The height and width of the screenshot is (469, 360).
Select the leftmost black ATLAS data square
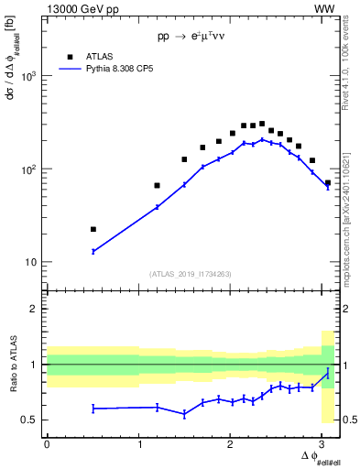[x=93, y=229]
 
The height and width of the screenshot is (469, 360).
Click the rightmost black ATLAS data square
[x=328, y=183]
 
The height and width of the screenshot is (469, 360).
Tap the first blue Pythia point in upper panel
[x=93, y=251]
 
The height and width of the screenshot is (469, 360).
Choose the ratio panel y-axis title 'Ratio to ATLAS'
[x=14, y=364]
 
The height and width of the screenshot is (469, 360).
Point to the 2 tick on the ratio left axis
[x=37, y=309]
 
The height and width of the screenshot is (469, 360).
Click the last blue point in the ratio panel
[x=328, y=373]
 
